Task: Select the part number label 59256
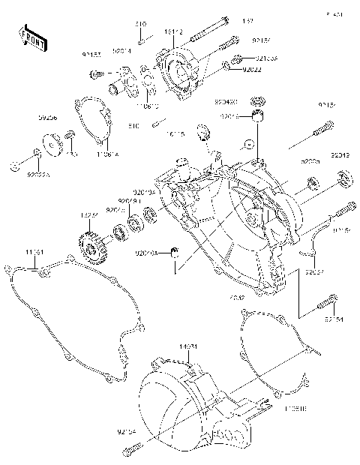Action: [49, 118]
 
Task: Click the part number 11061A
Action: [108, 153]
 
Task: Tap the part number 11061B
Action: [294, 406]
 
